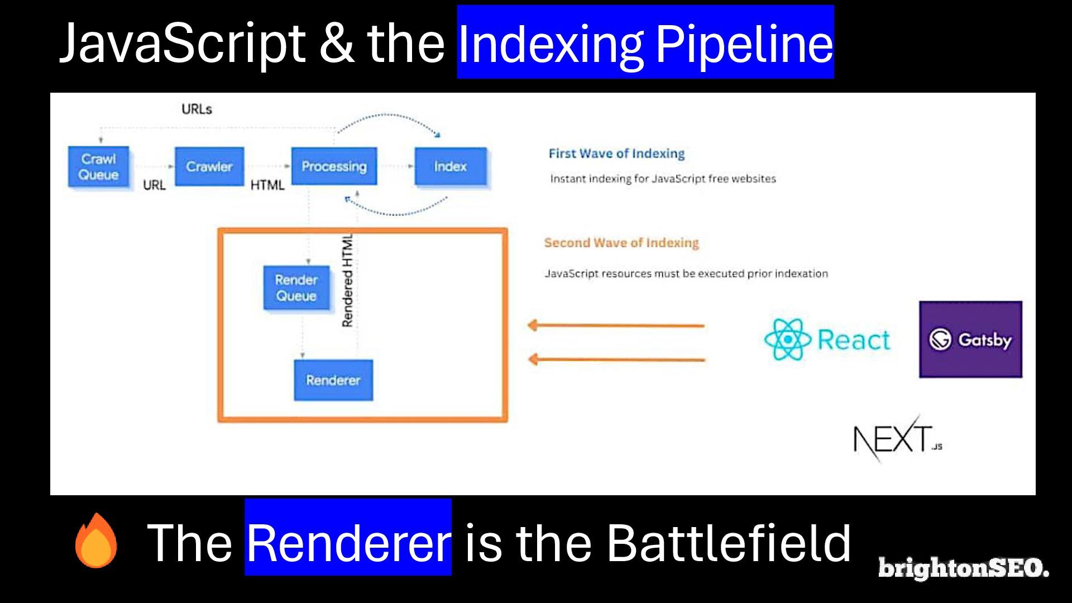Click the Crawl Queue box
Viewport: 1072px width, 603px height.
click(x=99, y=166)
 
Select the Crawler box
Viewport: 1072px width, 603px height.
click(x=209, y=166)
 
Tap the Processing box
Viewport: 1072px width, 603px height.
click(x=334, y=166)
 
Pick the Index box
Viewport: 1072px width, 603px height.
click(x=451, y=166)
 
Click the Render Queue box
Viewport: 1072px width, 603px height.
click(x=296, y=288)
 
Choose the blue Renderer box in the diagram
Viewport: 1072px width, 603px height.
click(x=333, y=380)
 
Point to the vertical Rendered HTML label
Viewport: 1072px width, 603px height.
click(x=347, y=281)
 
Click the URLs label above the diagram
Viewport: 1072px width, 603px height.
click(x=197, y=109)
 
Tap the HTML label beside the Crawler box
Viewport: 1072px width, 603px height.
click(x=267, y=185)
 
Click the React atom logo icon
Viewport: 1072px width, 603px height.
click(x=787, y=339)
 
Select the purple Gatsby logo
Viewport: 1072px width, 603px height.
click(x=971, y=339)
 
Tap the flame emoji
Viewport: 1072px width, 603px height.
click(x=97, y=540)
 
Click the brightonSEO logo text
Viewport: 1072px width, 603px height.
click(x=964, y=568)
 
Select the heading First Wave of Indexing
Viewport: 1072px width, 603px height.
click(x=616, y=154)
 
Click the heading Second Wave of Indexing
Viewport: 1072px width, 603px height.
click(x=621, y=243)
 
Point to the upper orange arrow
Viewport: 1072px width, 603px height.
click(x=616, y=325)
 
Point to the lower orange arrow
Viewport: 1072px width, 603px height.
click(x=616, y=360)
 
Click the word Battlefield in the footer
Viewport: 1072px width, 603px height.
click(x=729, y=542)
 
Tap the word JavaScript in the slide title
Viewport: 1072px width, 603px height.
click(x=182, y=44)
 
